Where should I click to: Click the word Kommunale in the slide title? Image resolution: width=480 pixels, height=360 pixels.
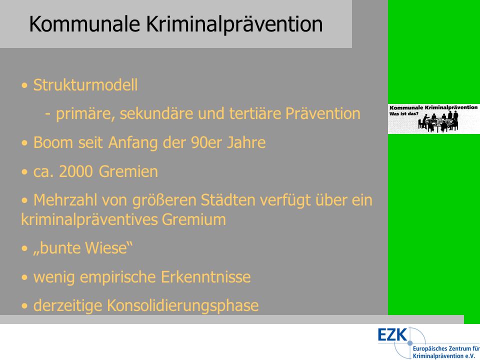(84, 24)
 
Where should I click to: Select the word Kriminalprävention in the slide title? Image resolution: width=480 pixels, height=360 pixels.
(234, 24)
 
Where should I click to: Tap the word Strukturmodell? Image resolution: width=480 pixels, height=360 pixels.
(85, 85)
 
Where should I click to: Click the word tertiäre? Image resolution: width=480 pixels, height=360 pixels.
(255, 113)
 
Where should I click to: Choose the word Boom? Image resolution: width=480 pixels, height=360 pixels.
(53, 142)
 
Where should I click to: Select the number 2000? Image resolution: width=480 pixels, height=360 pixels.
(76, 171)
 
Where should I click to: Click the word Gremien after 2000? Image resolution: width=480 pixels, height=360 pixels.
(128, 171)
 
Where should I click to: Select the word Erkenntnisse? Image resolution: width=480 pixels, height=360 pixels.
(205, 277)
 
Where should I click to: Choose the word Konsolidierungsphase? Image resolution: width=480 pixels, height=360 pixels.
(183, 306)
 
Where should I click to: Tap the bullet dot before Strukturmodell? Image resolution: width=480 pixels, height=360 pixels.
(24, 85)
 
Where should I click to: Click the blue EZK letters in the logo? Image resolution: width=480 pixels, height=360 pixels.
(392, 334)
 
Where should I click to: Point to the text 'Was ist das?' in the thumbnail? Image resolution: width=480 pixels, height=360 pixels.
(404, 113)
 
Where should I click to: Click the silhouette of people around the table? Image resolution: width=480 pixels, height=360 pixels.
(438, 121)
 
